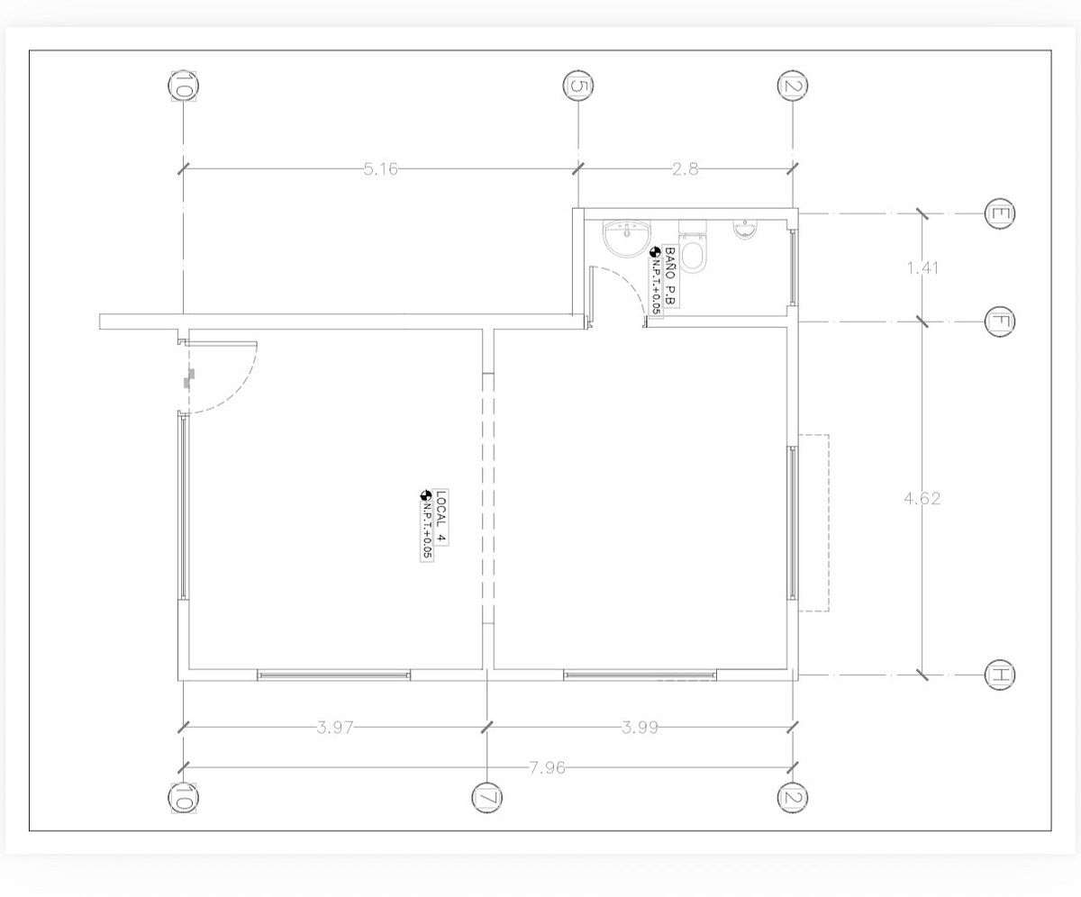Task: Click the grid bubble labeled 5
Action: [577, 86]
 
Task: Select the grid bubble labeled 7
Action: [486, 798]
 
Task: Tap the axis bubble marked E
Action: [999, 213]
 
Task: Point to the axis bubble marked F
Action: [999, 322]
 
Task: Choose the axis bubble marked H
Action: [999, 675]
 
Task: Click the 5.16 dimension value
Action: [380, 168]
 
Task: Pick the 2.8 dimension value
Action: [685, 168]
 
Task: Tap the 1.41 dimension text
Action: [922, 268]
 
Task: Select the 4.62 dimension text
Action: [922, 498]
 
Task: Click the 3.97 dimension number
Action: [334, 728]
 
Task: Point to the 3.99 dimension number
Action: [640, 728]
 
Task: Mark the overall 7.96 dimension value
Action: [547, 767]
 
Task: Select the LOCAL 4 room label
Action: [441, 517]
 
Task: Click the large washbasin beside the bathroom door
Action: [626, 239]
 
